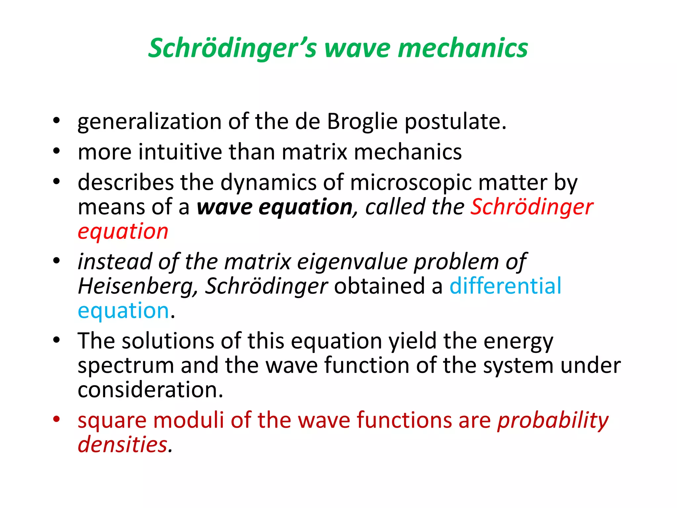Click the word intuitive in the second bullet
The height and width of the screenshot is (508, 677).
180,152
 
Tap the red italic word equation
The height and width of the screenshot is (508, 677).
123,232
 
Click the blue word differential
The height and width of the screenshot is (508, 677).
505,286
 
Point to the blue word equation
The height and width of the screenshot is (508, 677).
123,311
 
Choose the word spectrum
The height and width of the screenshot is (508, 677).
126,366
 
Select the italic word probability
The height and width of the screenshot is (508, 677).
553,421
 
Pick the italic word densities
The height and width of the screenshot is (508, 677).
122,444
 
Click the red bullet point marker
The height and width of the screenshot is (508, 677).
57,419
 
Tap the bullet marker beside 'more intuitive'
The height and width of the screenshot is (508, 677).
57,151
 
